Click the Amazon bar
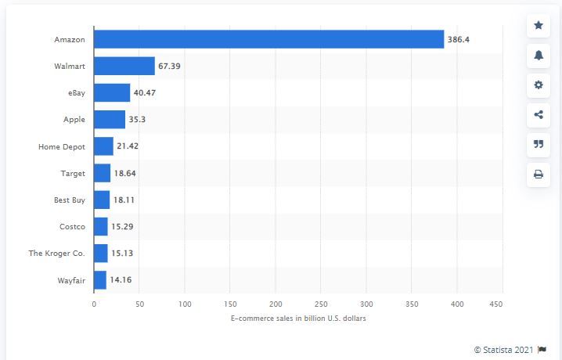pyautogui.click(x=268, y=39)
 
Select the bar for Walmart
pyautogui.click(x=124, y=66)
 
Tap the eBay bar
pyautogui.click(x=112, y=93)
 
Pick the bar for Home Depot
pyautogui.click(x=103, y=146)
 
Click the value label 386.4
pyautogui.click(x=459, y=39)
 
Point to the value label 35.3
pyautogui.click(x=138, y=120)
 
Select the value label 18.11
pyautogui.click(x=125, y=200)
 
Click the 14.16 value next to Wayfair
pyautogui.click(x=122, y=279)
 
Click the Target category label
pyautogui.click(x=71, y=173)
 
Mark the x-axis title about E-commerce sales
pyautogui.click(x=298, y=319)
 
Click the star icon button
pyautogui.click(x=539, y=26)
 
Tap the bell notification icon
pyautogui.click(x=539, y=56)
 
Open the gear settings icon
pyautogui.click(x=539, y=85)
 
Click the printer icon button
pyautogui.click(x=539, y=175)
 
